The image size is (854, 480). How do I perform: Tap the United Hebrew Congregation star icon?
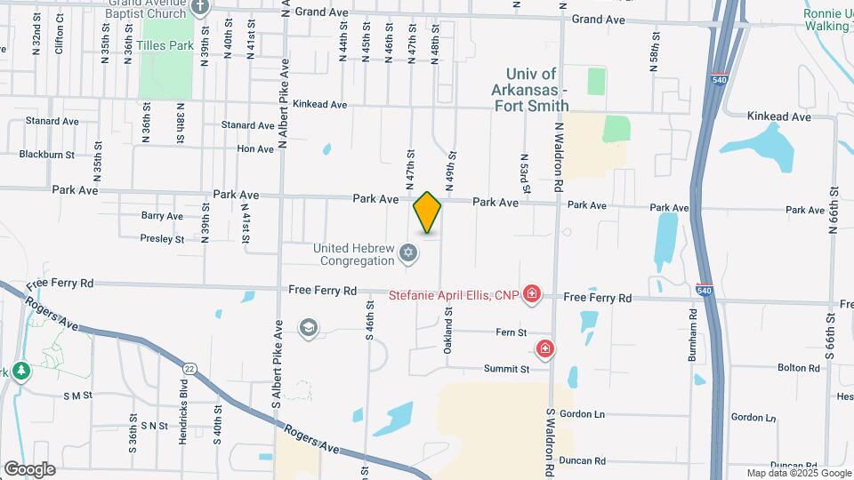coord(408,254)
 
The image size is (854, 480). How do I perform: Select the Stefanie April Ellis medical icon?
coord(532,292)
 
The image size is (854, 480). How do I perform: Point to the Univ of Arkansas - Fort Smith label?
coord(531,90)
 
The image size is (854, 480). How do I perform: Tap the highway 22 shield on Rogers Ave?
coord(190,368)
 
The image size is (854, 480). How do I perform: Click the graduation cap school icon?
coord(308,329)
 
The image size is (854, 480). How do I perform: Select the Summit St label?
coord(506,369)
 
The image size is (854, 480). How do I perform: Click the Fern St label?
coord(512,332)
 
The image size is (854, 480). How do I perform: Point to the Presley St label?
coord(162,238)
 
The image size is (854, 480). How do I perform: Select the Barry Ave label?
coord(162,216)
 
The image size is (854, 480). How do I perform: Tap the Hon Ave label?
coord(255,149)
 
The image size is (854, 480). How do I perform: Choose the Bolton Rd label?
coord(798,368)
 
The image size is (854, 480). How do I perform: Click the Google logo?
coord(29,469)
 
